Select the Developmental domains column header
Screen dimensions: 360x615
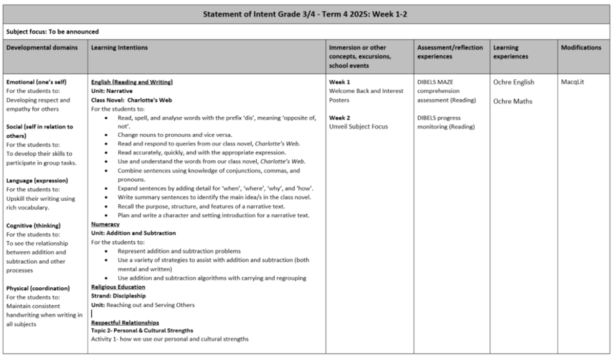coord(42,48)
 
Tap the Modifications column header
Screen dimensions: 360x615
coord(581,48)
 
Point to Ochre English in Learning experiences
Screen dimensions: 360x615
coord(513,82)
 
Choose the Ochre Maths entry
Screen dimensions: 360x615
coord(512,101)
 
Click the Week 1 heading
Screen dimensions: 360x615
coord(339,82)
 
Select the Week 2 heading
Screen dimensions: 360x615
coord(339,117)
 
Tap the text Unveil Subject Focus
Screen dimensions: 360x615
coord(358,126)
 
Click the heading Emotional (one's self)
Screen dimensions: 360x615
coord(36,82)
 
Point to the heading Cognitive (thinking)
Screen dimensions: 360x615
coord(33,225)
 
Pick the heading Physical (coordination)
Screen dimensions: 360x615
coord(37,288)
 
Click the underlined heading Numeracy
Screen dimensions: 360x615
coord(105,224)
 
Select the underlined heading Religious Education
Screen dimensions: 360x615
coord(118,287)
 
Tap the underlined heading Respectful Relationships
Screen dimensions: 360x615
coord(125,323)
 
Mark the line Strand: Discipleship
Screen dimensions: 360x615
coord(118,295)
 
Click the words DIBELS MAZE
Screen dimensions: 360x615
coord(435,82)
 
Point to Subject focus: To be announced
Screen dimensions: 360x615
coord(52,31)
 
